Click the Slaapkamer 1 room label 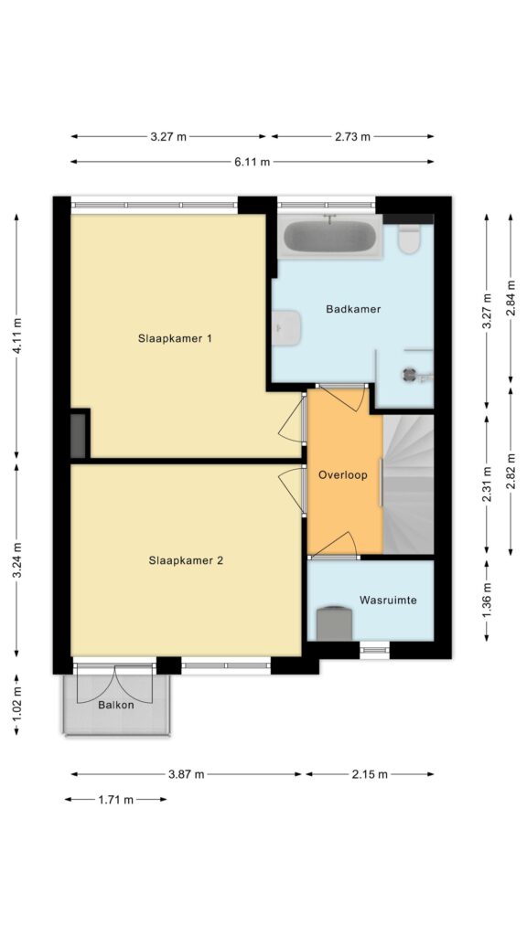click(x=175, y=338)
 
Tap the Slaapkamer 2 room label click(x=186, y=560)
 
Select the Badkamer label click(x=353, y=309)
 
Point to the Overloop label click(x=342, y=475)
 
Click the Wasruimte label click(x=388, y=600)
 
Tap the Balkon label click(x=116, y=705)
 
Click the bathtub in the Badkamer click(x=329, y=237)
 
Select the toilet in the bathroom click(x=409, y=239)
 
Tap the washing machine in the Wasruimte click(x=334, y=623)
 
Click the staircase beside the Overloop click(x=408, y=484)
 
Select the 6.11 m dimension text click(x=252, y=162)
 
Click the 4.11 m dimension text click(x=18, y=336)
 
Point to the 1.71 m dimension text click(x=116, y=800)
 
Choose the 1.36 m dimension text click(x=487, y=601)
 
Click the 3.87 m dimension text click(x=186, y=775)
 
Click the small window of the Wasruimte click(x=374, y=650)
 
